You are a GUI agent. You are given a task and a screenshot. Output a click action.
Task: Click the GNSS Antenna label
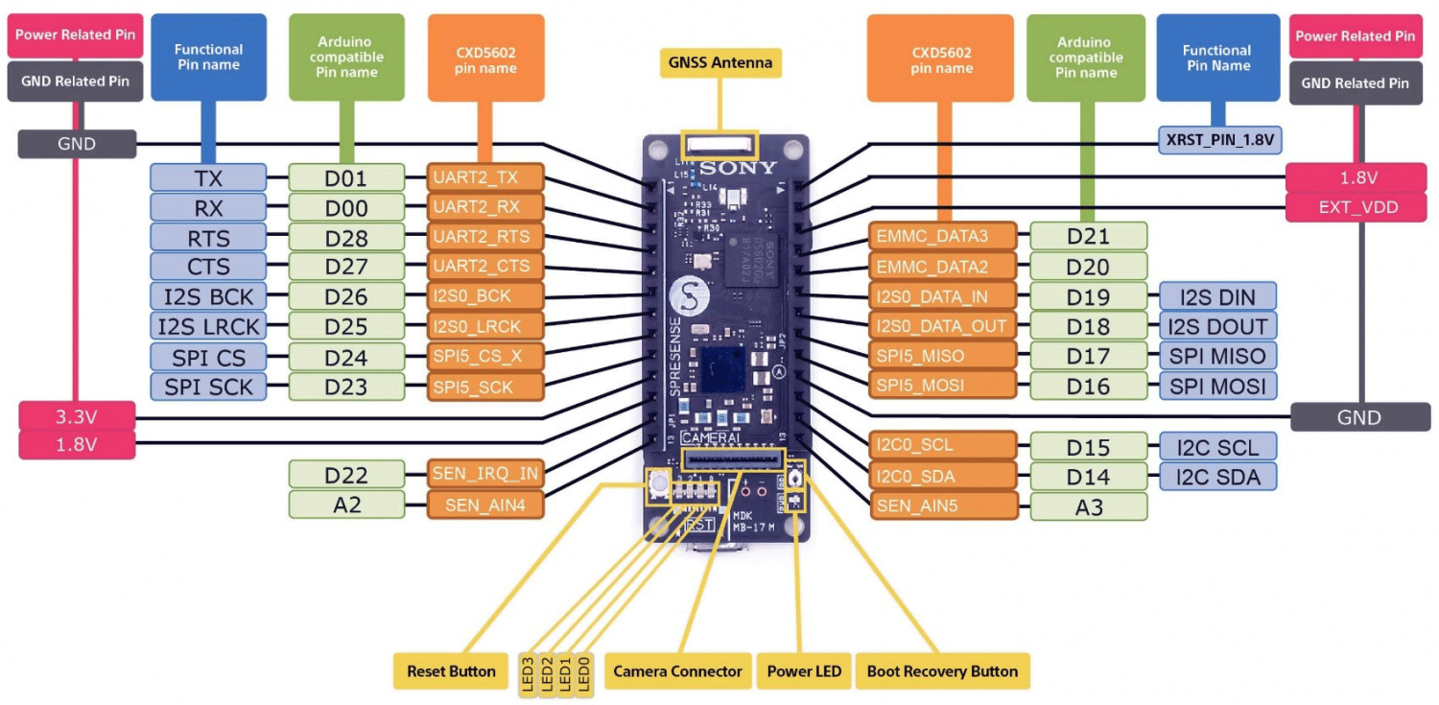click(719, 63)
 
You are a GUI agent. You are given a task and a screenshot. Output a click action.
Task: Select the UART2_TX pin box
click(485, 177)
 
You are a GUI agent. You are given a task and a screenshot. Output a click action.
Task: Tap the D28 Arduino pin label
click(346, 237)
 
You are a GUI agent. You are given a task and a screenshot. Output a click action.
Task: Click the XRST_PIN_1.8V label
click(1219, 139)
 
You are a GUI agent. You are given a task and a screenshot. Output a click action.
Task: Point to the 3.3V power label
click(76, 417)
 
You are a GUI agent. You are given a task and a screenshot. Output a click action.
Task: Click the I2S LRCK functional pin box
click(208, 327)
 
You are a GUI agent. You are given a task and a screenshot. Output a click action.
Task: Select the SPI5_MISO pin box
click(942, 356)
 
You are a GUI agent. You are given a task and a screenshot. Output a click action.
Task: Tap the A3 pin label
click(1088, 506)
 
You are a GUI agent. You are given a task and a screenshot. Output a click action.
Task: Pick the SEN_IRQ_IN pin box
click(485, 473)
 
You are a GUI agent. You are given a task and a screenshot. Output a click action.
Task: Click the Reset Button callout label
click(451, 671)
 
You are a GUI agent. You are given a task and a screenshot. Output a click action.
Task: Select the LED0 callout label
click(584, 671)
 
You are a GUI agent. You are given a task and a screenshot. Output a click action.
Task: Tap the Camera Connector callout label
click(677, 671)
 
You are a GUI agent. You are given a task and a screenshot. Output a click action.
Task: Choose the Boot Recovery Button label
click(942, 671)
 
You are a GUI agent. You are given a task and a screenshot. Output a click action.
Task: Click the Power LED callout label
click(804, 671)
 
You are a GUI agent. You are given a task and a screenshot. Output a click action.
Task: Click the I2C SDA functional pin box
click(1217, 476)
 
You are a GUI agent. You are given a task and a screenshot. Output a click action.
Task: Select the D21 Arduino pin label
click(1088, 236)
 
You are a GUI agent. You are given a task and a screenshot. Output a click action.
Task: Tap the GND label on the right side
click(1358, 417)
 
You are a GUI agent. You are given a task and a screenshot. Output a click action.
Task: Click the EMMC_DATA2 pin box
click(942, 267)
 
